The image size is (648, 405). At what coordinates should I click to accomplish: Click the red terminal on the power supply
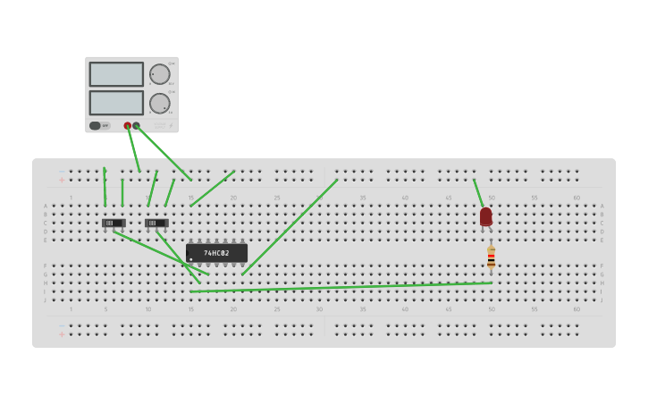point(128,126)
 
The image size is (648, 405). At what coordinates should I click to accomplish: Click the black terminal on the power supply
point(137,126)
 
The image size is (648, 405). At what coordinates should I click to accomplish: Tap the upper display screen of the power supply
point(116,74)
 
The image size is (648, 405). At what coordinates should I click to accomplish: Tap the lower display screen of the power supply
point(116,103)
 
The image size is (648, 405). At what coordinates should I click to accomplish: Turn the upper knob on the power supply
point(159,74)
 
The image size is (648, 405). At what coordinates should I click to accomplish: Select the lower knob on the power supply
point(159,103)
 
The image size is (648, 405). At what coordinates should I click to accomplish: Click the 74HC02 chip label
point(216,253)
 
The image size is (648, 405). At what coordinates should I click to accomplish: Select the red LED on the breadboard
point(485,216)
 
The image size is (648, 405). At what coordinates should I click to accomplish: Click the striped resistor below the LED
point(491,257)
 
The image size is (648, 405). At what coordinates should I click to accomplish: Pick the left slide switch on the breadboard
point(113,223)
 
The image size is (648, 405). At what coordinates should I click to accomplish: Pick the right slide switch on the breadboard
point(156,223)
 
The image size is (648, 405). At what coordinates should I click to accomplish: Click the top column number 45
point(448,198)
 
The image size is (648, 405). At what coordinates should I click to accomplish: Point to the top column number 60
point(576,198)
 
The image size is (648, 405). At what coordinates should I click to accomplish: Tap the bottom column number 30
point(319,309)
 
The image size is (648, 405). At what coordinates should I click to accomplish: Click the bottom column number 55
point(534,309)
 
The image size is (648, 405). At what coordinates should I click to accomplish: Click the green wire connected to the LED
point(478,192)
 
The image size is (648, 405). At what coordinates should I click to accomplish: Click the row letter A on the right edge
point(602,206)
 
